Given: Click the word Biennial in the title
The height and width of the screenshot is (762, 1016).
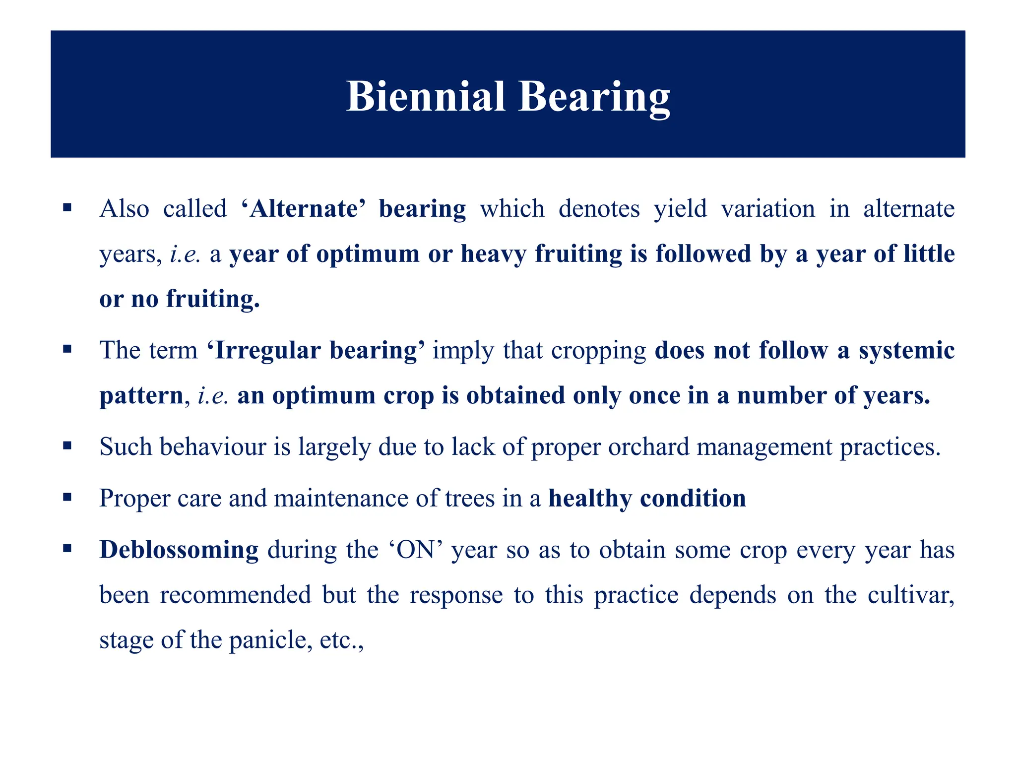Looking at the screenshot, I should click(x=425, y=96).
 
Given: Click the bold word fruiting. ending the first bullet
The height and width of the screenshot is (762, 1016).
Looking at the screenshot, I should click(x=213, y=299).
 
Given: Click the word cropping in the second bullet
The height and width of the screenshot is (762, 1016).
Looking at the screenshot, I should click(x=598, y=350).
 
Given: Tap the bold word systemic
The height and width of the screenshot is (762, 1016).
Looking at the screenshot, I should click(x=906, y=350).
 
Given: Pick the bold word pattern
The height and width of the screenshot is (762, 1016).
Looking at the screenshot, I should click(x=142, y=395).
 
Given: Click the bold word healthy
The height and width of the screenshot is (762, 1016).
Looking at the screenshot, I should click(x=589, y=498).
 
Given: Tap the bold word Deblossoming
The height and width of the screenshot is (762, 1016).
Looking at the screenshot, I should click(x=179, y=550).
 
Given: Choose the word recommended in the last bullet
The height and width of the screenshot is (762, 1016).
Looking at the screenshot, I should click(x=235, y=594).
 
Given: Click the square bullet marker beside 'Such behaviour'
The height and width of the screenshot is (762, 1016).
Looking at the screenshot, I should click(x=67, y=445).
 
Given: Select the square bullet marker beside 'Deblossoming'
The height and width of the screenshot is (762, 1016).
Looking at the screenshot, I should click(x=67, y=549).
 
